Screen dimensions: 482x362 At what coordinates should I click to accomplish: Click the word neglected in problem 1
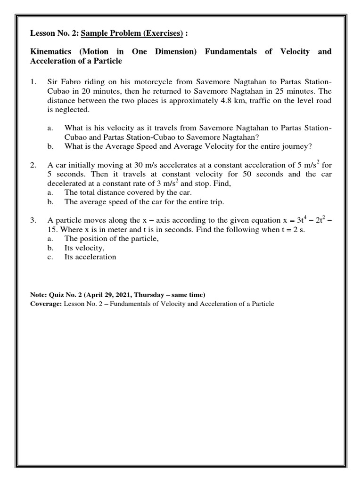(x=72, y=110)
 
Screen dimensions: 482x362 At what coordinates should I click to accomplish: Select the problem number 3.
(x=33, y=220)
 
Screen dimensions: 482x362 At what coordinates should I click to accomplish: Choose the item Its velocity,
(x=84, y=248)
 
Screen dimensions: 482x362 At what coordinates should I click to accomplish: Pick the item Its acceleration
(x=90, y=257)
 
